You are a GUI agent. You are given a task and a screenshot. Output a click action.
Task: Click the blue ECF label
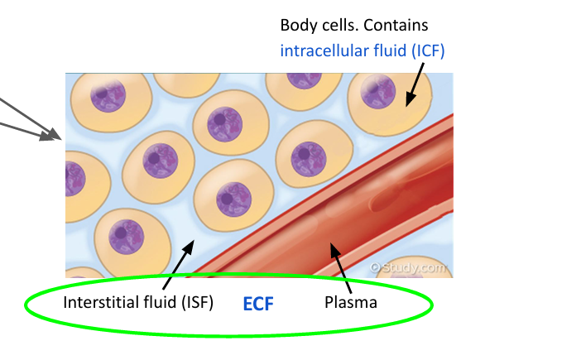click(257, 304)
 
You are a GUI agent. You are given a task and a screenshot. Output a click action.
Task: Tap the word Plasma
click(351, 303)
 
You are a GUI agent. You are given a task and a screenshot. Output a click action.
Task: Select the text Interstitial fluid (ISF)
click(138, 303)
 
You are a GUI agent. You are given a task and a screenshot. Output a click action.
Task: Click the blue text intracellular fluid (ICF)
click(363, 50)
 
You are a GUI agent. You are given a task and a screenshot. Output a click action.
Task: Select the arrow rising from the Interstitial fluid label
click(182, 263)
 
